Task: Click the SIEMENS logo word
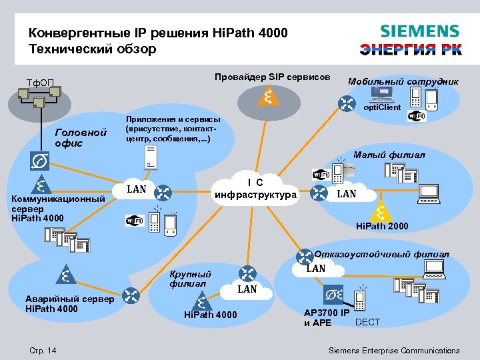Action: click(419, 31)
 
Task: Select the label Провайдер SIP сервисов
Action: click(272, 77)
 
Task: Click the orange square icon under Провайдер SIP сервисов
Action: click(267, 96)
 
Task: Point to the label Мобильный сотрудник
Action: click(403, 81)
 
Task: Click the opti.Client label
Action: click(382, 107)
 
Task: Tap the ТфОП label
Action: click(41, 83)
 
